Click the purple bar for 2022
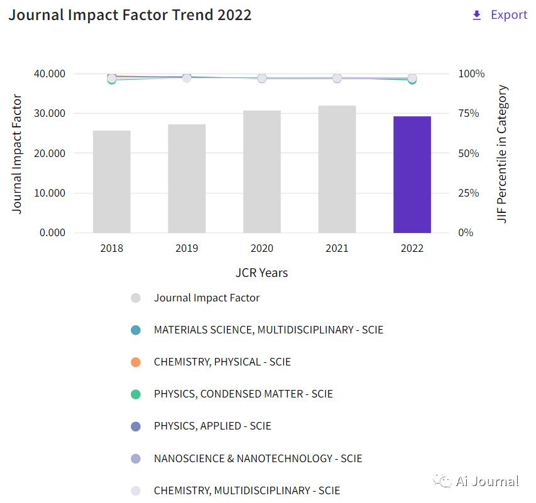click(x=412, y=175)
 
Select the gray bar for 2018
click(x=112, y=181)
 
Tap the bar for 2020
click(x=262, y=171)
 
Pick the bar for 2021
click(x=337, y=169)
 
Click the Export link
click(x=500, y=15)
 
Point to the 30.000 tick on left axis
click(x=49, y=114)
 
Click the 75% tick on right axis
click(x=471, y=114)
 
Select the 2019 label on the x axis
click(x=187, y=248)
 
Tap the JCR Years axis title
click(x=262, y=273)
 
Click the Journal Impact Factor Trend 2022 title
click(x=130, y=15)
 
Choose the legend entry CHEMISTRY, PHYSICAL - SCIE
click(x=222, y=362)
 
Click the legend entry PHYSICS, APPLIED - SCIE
click(x=212, y=426)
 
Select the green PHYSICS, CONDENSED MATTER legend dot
click(x=135, y=394)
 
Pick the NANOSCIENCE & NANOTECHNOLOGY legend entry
click(x=258, y=458)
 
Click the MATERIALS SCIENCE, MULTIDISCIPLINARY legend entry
click(x=268, y=330)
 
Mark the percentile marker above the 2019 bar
click(x=187, y=78)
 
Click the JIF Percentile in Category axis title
click(x=502, y=154)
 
